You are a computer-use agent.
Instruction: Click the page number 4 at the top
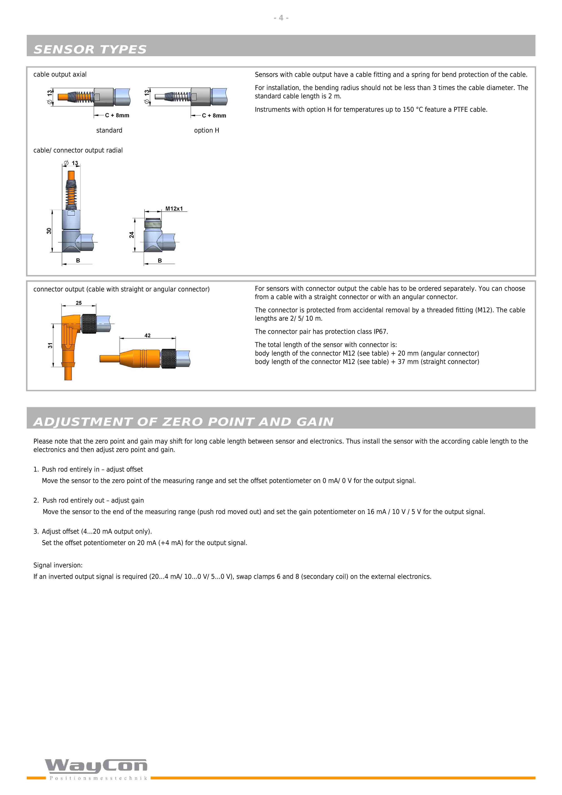[281, 18]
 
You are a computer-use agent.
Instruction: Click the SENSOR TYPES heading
[90, 49]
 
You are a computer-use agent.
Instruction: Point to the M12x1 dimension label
[174, 208]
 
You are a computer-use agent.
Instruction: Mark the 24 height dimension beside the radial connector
[131, 235]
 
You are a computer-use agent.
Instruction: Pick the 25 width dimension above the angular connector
[79, 303]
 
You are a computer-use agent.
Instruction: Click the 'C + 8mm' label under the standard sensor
[117, 115]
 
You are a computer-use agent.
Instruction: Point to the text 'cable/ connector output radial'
[78, 150]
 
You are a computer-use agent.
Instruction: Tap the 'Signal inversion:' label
[58, 565]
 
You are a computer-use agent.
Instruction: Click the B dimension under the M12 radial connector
[160, 260]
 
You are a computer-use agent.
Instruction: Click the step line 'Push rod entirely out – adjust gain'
[93, 500]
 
